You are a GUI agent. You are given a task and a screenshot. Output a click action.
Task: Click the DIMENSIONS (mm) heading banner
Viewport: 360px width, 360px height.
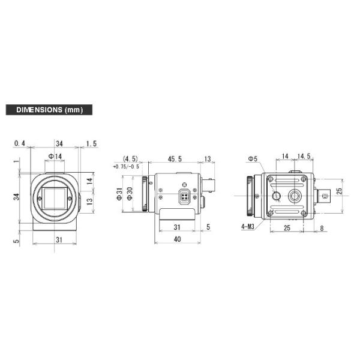(49, 110)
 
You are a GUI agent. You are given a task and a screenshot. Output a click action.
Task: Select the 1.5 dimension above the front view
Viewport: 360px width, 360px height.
(91, 143)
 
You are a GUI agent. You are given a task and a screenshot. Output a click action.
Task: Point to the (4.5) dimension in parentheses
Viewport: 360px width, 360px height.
(130, 159)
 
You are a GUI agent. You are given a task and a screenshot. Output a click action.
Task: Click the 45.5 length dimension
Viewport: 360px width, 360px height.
(175, 159)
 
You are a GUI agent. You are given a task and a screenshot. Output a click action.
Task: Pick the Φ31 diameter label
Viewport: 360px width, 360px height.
(120, 194)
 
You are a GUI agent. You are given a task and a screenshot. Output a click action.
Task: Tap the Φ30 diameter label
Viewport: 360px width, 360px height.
(129, 194)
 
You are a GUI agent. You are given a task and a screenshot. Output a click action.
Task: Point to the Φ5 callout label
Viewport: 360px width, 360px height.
(253, 159)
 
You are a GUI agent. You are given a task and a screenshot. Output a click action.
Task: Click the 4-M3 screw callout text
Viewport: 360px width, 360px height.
(248, 226)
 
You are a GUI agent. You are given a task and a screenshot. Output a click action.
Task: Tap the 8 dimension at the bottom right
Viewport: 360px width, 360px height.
(323, 229)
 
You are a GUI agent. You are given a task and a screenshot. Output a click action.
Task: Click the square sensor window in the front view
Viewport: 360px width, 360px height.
(55, 197)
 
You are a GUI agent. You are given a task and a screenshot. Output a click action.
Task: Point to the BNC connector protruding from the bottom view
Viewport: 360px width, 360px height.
(325, 196)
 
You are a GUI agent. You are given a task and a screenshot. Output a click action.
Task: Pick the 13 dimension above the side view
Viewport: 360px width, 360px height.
(208, 159)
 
